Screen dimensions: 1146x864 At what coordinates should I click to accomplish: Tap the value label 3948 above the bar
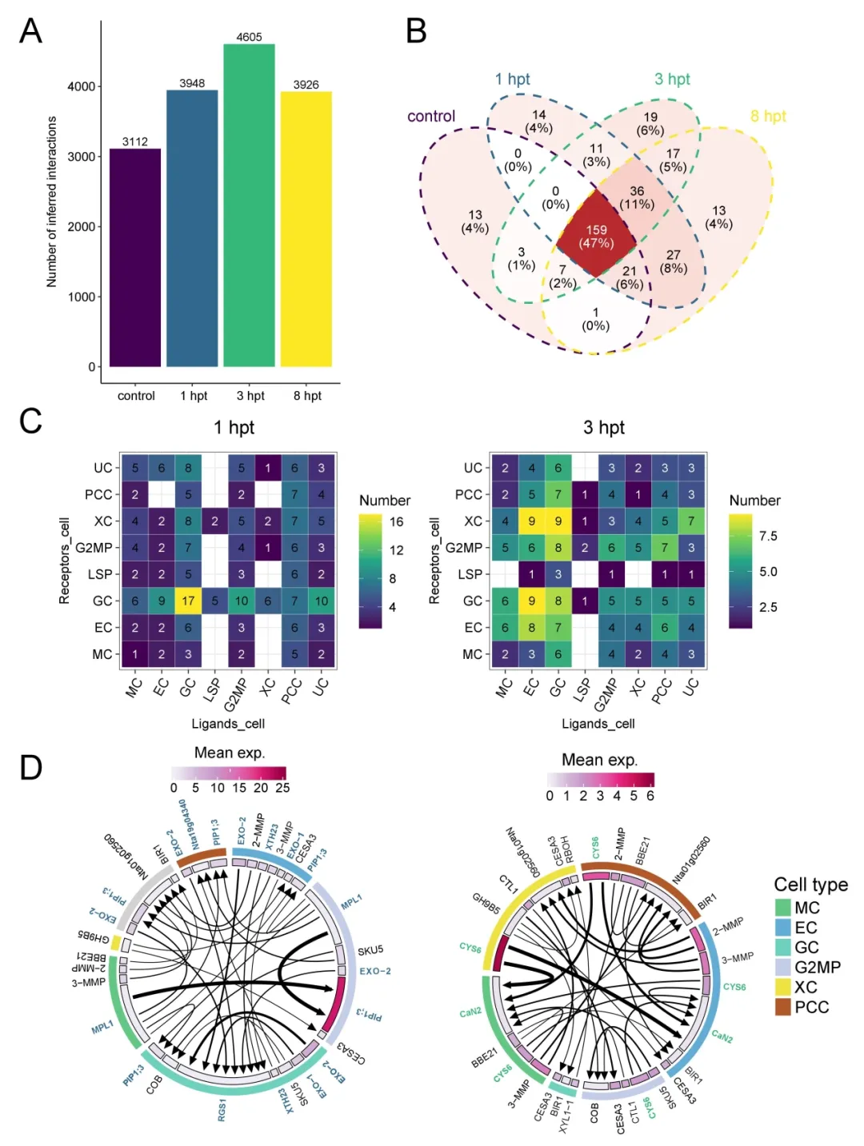pyautogui.click(x=192, y=83)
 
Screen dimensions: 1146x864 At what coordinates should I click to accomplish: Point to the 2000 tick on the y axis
pyautogui.click(x=81, y=226)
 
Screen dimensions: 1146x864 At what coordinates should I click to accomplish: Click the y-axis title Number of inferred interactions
pyautogui.click(x=52, y=202)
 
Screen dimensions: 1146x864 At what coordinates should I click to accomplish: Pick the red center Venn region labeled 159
pyautogui.click(x=596, y=236)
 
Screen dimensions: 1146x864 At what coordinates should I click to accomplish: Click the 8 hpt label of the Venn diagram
pyautogui.click(x=768, y=116)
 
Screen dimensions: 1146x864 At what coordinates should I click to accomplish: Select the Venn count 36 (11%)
pyautogui.click(x=637, y=197)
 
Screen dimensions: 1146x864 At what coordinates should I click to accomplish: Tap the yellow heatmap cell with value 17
pyautogui.click(x=188, y=601)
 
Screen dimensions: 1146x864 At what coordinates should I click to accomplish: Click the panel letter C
pyautogui.click(x=30, y=421)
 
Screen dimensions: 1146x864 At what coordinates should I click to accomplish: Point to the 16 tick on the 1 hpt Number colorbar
pyautogui.click(x=396, y=521)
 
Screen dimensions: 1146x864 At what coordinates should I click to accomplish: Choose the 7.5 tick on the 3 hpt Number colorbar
pyautogui.click(x=767, y=536)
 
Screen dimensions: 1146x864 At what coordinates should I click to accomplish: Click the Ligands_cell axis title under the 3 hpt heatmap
pyautogui.click(x=598, y=724)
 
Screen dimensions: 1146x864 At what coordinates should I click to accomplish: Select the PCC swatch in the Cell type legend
pyautogui.click(x=782, y=1007)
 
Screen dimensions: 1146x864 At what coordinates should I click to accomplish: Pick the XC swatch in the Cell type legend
pyautogui.click(x=782, y=987)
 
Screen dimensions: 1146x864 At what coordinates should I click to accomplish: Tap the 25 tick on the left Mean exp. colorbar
pyautogui.click(x=282, y=788)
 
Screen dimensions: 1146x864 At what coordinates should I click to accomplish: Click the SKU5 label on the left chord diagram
pyautogui.click(x=370, y=951)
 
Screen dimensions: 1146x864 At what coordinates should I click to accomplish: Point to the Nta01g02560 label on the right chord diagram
pyautogui.click(x=690, y=859)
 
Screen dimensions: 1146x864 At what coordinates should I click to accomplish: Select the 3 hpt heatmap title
pyautogui.click(x=603, y=428)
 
